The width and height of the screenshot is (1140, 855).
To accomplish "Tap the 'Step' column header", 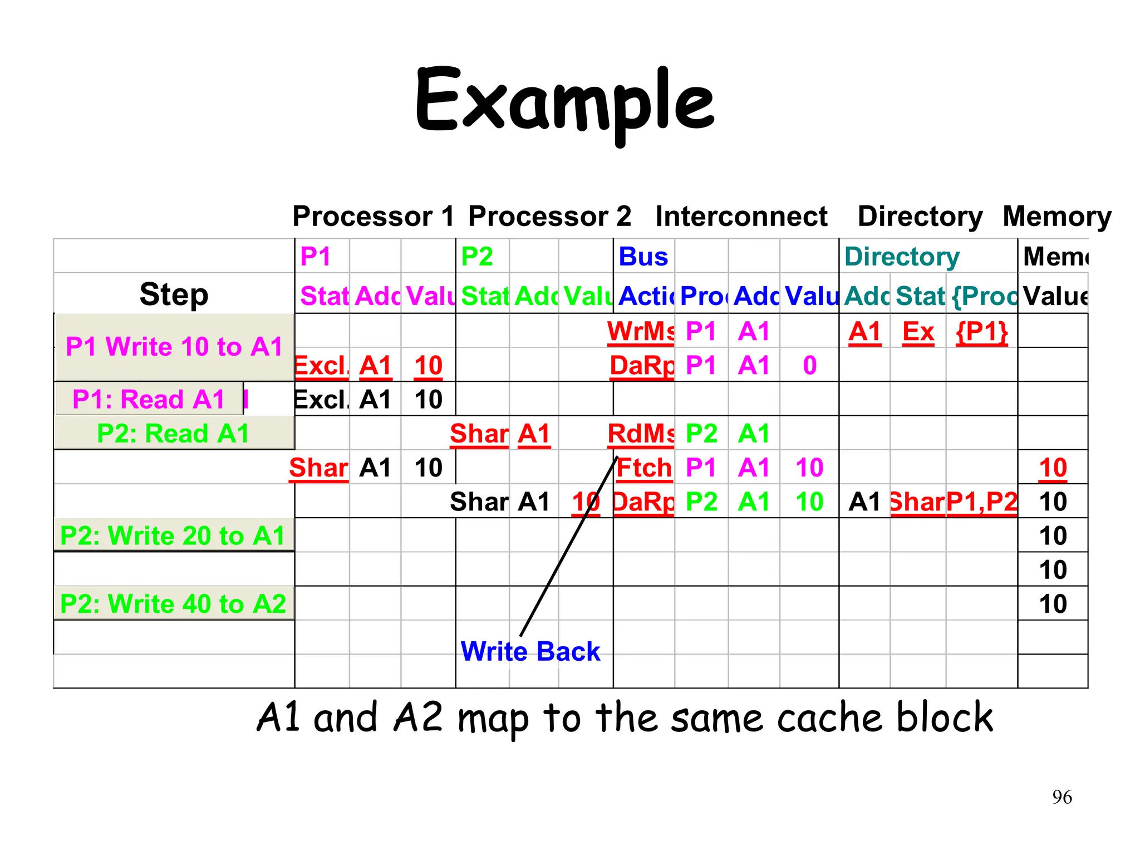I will click(x=174, y=294).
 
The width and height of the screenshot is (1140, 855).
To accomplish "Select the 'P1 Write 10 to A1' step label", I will click(x=174, y=347).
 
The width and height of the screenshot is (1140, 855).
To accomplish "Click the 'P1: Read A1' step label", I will click(x=149, y=399).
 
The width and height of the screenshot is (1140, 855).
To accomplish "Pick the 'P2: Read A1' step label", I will click(x=173, y=433).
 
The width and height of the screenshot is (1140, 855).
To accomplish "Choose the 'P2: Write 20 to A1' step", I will click(x=173, y=535).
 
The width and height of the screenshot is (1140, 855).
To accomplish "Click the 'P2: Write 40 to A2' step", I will click(x=173, y=603).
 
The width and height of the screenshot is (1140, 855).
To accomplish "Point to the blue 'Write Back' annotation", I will click(x=530, y=651).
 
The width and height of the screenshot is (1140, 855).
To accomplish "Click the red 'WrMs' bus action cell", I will click(x=640, y=332).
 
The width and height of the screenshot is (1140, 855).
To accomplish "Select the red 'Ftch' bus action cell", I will click(x=644, y=468).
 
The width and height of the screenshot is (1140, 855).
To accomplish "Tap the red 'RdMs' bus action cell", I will click(x=640, y=434).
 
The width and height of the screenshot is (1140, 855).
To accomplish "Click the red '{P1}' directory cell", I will click(x=981, y=332).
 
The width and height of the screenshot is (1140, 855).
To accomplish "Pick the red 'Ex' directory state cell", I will click(x=918, y=332).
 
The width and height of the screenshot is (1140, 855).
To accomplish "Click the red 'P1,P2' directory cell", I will click(x=981, y=502).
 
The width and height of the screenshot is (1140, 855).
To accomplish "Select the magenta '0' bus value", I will click(x=809, y=366).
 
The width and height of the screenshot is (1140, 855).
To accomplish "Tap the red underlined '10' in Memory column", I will click(x=1053, y=468).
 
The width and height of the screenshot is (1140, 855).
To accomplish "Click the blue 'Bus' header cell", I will click(x=643, y=257).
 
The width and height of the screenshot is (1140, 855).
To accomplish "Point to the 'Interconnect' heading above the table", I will click(x=741, y=216).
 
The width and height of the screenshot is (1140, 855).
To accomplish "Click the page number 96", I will click(x=1062, y=797).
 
